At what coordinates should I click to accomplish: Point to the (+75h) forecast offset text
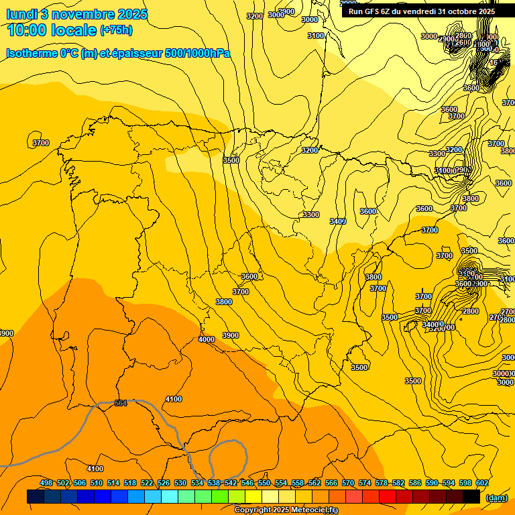pos(116,30)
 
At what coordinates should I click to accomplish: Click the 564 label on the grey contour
pos(121,403)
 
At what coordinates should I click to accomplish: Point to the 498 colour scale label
pos(46,483)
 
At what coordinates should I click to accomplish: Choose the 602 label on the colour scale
pos(481,483)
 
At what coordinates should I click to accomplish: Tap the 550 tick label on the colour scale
pos(264,483)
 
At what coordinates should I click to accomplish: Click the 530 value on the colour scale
pos(180,483)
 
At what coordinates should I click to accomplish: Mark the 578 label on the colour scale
pos(382,483)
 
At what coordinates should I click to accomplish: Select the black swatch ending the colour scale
pos(471,497)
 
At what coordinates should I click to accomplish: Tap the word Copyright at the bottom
pos(252,510)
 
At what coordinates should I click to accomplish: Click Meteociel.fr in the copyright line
pos(314,510)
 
